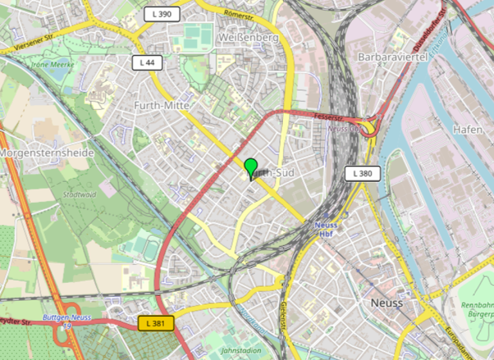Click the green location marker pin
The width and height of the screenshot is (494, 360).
click(x=251, y=168)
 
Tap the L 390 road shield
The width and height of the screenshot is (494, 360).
click(x=161, y=14)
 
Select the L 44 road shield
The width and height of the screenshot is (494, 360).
click(x=146, y=62)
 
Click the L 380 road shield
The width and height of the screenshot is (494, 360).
click(x=362, y=173)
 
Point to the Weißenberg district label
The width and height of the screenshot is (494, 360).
click(x=248, y=38)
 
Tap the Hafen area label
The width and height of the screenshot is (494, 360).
click(x=468, y=130)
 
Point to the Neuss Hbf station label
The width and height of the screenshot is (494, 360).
click(x=327, y=230)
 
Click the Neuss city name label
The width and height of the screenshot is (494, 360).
click(x=387, y=303)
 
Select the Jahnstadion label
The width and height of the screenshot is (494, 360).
click(x=240, y=351)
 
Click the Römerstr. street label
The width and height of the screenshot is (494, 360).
click(x=239, y=14)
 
